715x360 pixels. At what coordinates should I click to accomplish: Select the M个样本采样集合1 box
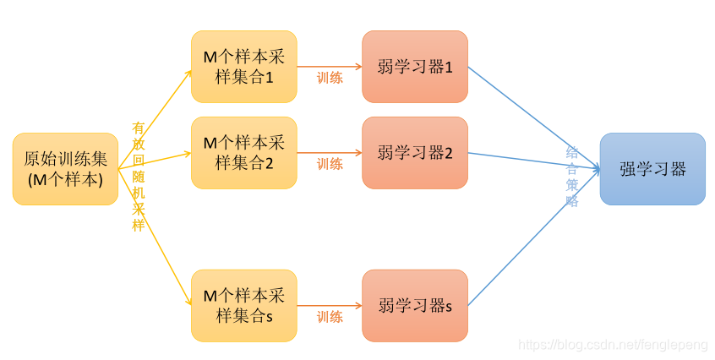243,66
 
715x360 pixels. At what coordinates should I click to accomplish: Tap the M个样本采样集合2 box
243,152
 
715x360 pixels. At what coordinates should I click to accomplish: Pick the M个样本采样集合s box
243,305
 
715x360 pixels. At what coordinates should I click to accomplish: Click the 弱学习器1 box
414,66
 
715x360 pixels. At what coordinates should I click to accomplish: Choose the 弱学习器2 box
414,152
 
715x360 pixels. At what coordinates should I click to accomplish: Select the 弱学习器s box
414,305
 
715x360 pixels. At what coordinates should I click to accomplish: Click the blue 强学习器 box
652,168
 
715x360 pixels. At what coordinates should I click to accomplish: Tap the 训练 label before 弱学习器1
330,78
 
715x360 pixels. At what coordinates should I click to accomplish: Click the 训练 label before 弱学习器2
330,164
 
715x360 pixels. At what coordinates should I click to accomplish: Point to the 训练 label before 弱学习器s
330,317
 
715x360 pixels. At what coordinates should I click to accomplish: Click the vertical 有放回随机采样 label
139,177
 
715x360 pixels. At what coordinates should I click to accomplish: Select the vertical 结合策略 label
572,177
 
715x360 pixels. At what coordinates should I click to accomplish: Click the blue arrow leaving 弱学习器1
532,117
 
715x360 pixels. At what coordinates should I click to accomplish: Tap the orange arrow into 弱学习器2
330,153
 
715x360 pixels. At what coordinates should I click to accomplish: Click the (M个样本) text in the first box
65,179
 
